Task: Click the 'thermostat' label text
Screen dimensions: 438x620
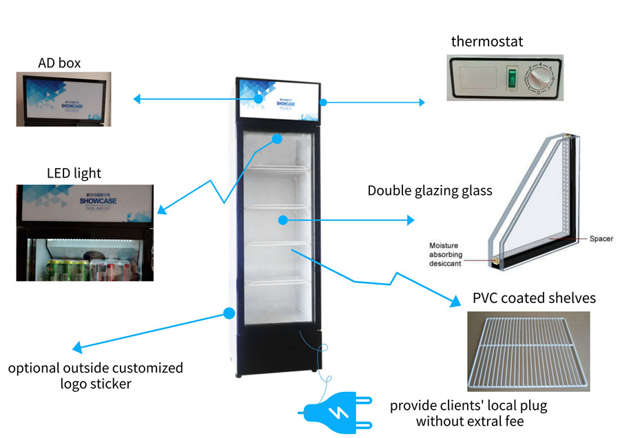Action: (x=487, y=41)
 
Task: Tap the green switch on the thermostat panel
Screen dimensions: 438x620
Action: (x=512, y=79)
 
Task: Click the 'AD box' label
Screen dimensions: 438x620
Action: (x=59, y=63)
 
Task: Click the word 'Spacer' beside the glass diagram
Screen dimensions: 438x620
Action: (x=601, y=239)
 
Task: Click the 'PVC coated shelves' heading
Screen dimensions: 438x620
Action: (x=534, y=298)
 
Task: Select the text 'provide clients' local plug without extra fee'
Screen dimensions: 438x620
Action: (x=468, y=413)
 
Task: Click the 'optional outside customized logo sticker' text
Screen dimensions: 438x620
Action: (x=95, y=375)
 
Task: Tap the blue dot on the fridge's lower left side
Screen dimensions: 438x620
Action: (x=228, y=314)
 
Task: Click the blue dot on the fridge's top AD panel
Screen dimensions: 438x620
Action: (x=259, y=98)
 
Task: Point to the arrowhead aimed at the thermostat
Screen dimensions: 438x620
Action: (x=422, y=103)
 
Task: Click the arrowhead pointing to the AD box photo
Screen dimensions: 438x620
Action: (x=137, y=99)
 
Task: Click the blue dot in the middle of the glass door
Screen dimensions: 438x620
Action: (x=282, y=220)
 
